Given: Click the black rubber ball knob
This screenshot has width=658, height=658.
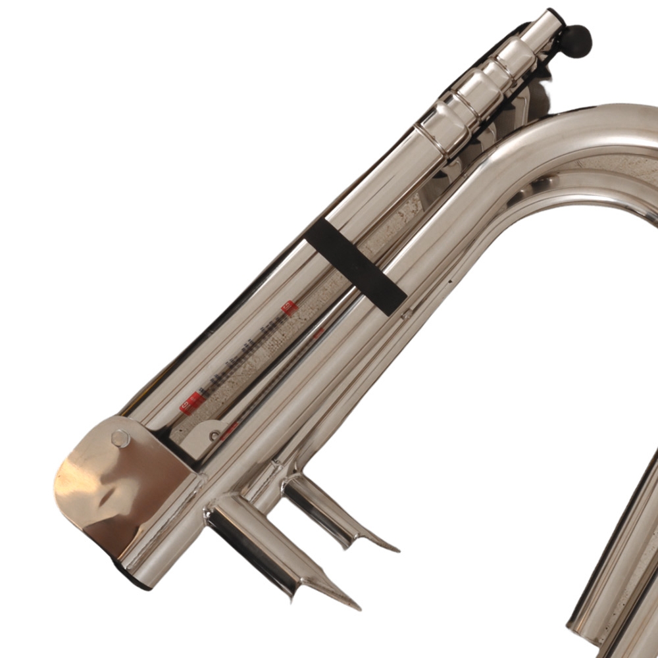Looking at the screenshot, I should click(579, 40).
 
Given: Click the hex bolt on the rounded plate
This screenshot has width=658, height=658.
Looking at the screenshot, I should click(120, 438).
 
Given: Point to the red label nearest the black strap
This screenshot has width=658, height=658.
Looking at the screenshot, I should click(288, 307).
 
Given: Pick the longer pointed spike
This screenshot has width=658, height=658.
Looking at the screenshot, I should click(276, 553).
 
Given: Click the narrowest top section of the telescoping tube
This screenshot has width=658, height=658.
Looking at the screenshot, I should click(544, 33).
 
